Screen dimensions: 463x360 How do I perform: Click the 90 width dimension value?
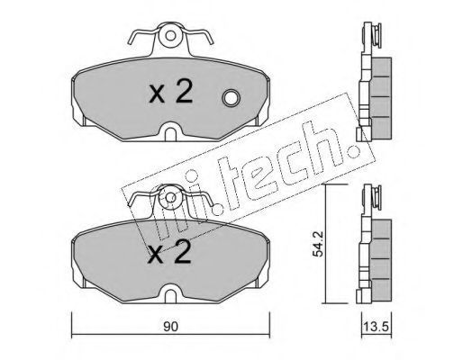(x=170, y=327)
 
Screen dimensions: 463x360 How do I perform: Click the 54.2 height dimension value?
(x=318, y=244)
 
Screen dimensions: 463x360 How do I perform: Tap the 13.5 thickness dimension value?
(x=377, y=326)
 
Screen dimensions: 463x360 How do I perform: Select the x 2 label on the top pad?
(x=171, y=93)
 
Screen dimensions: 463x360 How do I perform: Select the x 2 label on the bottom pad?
(x=170, y=253)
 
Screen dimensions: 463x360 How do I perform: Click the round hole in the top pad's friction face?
(x=231, y=98)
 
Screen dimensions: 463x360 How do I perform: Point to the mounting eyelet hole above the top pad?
(x=170, y=36)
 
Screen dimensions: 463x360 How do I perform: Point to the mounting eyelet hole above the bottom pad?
(x=170, y=198)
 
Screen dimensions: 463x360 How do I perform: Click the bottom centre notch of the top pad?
(x=170, y=132)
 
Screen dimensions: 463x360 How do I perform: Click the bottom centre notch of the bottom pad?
(x=170, y=294)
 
